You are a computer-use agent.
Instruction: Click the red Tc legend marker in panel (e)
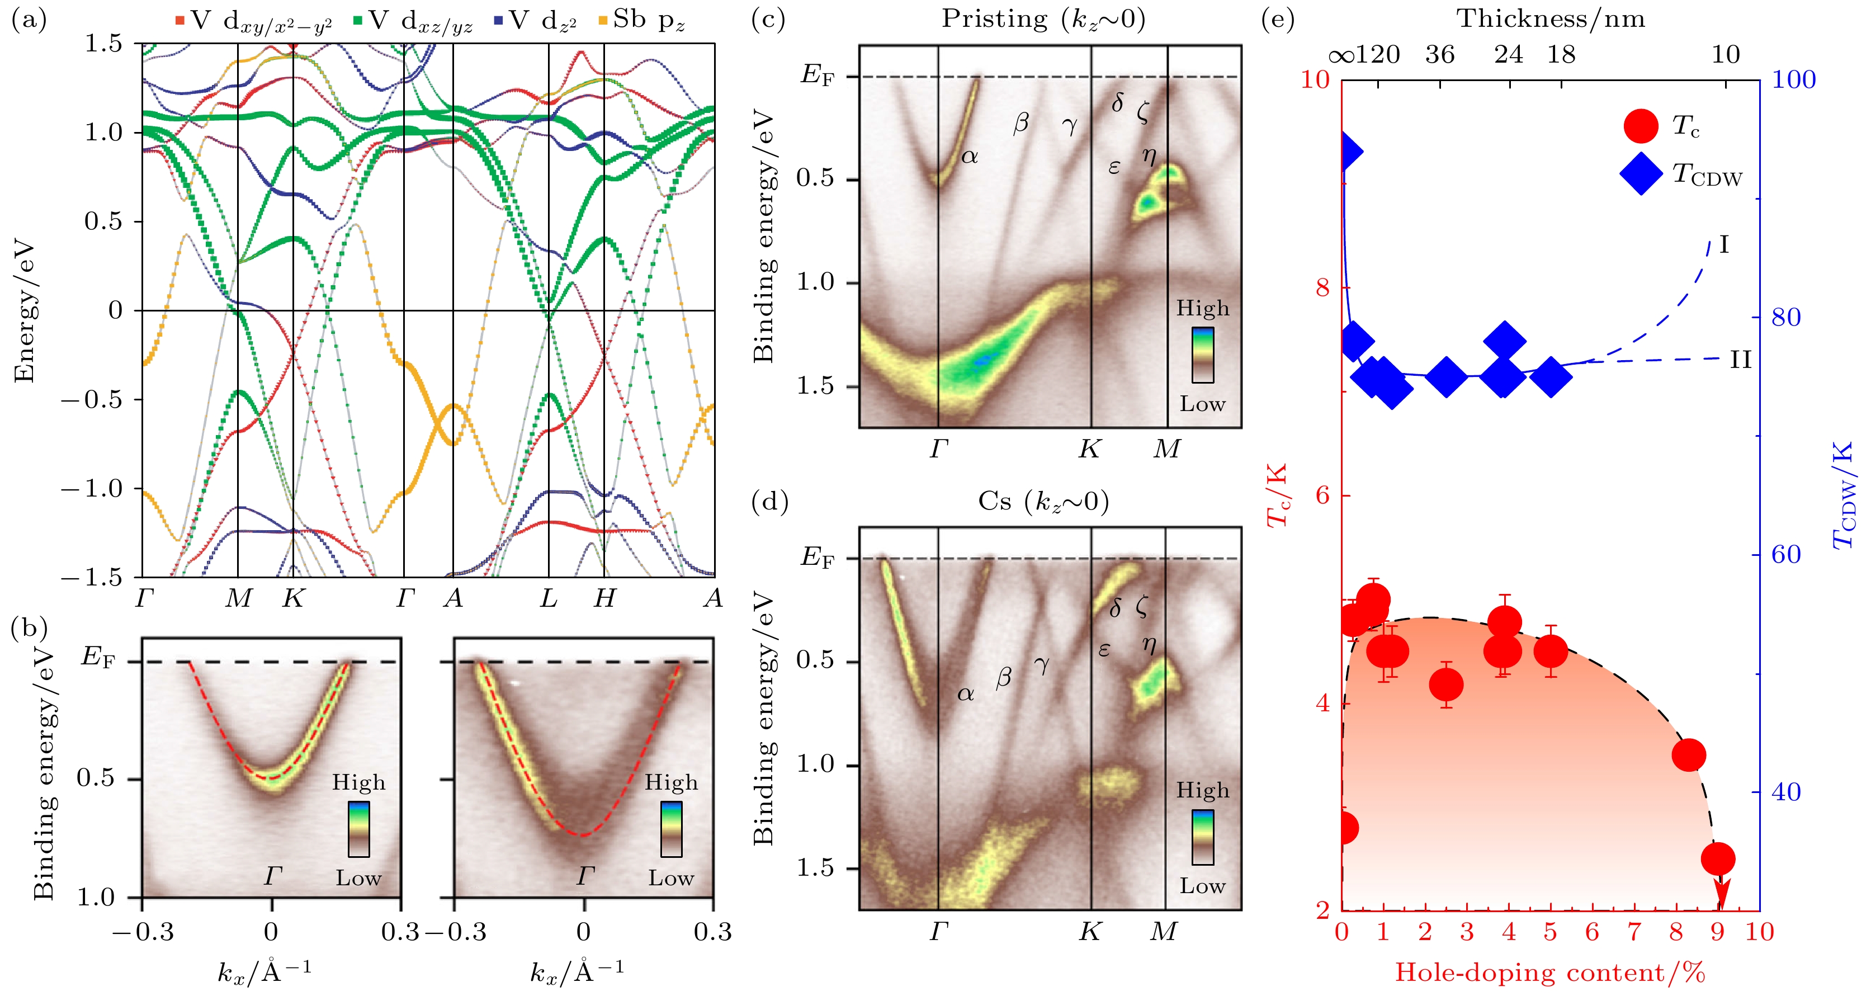point(1641,126)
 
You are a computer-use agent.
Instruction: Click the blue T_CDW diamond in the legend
point(1641,173)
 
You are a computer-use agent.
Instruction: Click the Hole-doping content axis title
point(1550,972)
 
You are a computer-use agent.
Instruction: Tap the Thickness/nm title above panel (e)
point(1551,18)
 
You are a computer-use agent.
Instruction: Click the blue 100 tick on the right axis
point(1793,79)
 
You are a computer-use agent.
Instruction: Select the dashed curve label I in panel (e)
point(1723,245)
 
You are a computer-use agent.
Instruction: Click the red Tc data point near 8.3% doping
point(1689,755)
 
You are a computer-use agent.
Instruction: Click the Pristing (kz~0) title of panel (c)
point(1043,19)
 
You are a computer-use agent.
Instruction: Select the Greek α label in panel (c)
point(970,155)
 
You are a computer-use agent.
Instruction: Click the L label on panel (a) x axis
point(549,598)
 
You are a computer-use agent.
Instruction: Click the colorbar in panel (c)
point(1202,355)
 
